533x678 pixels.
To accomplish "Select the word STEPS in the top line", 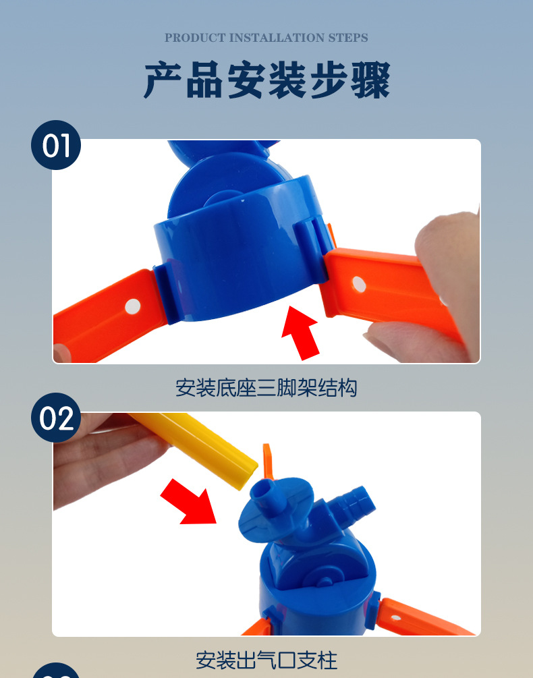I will point(348,38).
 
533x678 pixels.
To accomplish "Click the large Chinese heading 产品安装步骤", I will point(266,81).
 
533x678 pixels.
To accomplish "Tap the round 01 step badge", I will point(56,145).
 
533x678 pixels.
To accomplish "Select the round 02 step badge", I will point(56,418).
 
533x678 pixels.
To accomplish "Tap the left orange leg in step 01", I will point(101,317).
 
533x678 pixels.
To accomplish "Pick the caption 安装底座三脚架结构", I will point(266,388).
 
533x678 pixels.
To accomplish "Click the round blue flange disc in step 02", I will point(270,506).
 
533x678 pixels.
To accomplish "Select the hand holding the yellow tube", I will point(101,459).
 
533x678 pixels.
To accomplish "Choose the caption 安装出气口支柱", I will point(266,659).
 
